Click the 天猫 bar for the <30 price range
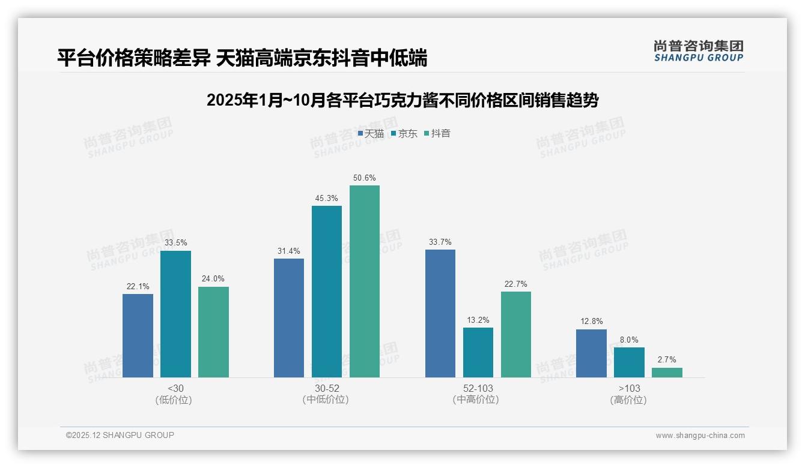138,335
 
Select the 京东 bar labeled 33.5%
175,314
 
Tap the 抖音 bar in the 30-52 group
365,281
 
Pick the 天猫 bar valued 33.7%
440,313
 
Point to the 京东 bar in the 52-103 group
478,352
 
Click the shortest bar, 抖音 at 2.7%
667,373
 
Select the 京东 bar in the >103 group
629,362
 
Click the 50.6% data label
365,178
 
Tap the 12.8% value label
591,322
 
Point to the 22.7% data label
516,284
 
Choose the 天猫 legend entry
371,134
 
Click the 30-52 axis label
327,389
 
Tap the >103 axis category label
628,389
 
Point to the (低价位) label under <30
174,400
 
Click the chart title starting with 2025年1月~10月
402,100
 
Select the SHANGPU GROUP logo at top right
698,51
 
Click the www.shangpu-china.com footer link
700,436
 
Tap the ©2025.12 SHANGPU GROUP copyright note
120,435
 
